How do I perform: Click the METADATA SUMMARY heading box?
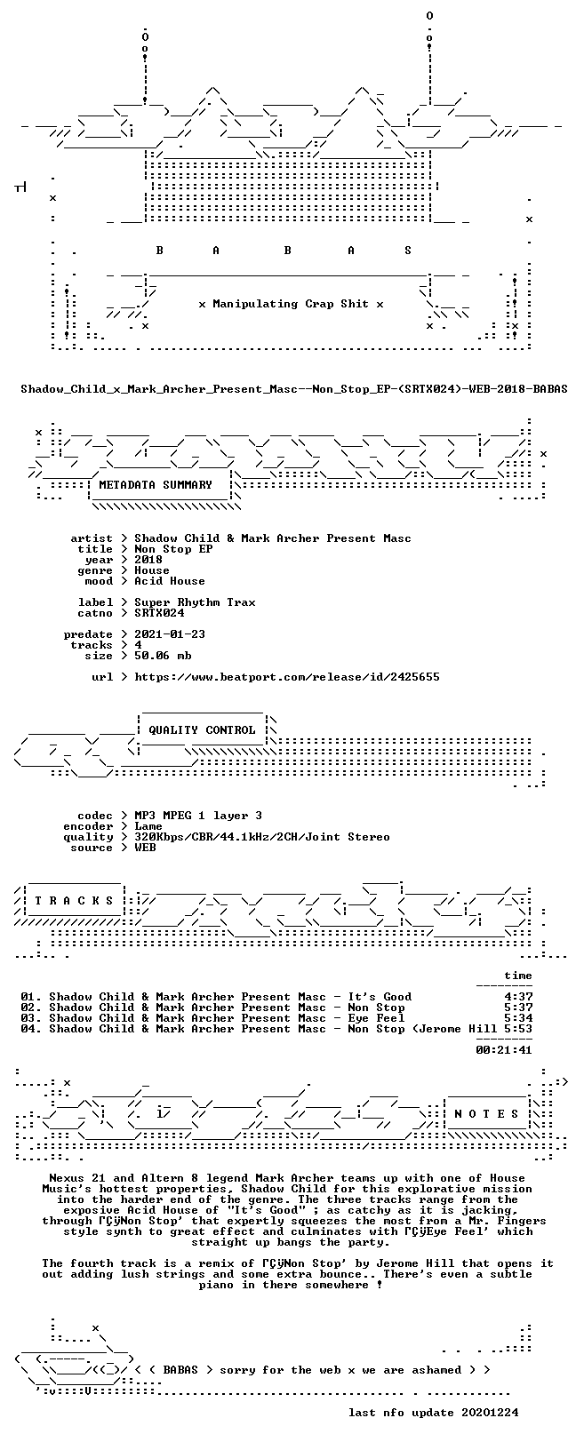pyautogui.click(x=156, y=485)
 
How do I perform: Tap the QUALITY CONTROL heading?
pyautogui.click(x=202, y=730)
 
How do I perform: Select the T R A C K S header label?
pyautogui.click(x=74, y=900)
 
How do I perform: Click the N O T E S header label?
pyautogui.click(x=486, y=1113)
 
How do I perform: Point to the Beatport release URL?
pyautogui.click(x=287, y=677)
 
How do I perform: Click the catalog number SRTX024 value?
pyautogui.click(x=159, y=613)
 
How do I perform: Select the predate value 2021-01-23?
pyautogui.click(x=170, y=634)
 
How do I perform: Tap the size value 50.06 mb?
pyautogui.click(x=163, y=656)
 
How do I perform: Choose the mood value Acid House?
pyautogui.click(x=170, y=581)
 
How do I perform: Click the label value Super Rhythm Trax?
pyautogui.click(x=195, y=602)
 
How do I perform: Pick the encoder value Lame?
pyautogui.click(x=148, y=826)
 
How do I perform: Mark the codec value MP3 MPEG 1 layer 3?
pyautogui.click(x=198, y=816)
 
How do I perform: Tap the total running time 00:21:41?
pyautogui.click(x=504, y=1050)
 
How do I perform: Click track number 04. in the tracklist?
pyautogui.click(x=31, y=1029)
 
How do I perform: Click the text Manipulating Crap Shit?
pyautogui.click(x=291, y=304)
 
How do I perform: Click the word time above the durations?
pyautogui.click(x=518, y=976)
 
